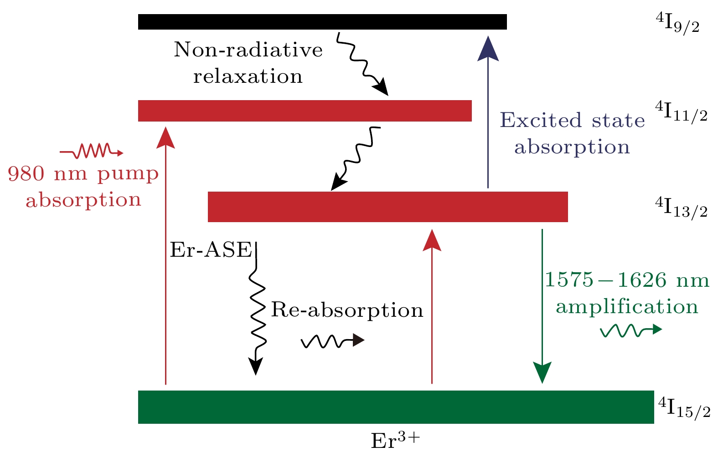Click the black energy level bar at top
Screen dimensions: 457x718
(x=322, y=22)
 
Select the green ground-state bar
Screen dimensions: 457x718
(x=396, y=407)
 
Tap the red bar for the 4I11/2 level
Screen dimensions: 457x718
(x=305, y=111)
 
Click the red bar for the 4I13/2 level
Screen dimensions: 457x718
(x=387, y=207)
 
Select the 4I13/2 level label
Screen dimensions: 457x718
(x=681, y=208)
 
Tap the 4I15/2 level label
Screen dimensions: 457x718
(x=684, y=408)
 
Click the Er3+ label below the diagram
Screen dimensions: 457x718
(x=395, y=441)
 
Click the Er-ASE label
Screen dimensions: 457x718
(x=211, y=250)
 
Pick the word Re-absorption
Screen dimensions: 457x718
(x=347, y=310)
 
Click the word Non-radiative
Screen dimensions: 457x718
(x=248, y=49)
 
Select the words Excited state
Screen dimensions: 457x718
(x=572, y=121)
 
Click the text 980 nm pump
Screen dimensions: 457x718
(x=83, y=174)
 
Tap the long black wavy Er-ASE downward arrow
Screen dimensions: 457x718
(x=256, y=310)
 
